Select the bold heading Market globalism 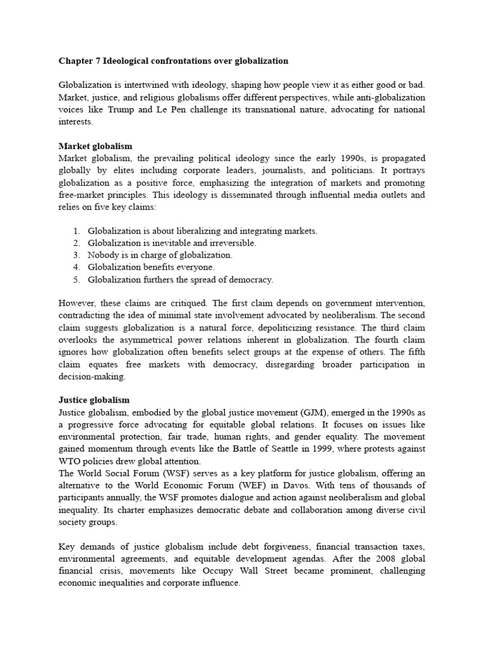tap(95, 146)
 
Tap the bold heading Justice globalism tap(94, 400)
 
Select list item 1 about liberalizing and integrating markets tap(202, 231)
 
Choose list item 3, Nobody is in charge tap(160, 255)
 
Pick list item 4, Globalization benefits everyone tap(151, 267)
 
